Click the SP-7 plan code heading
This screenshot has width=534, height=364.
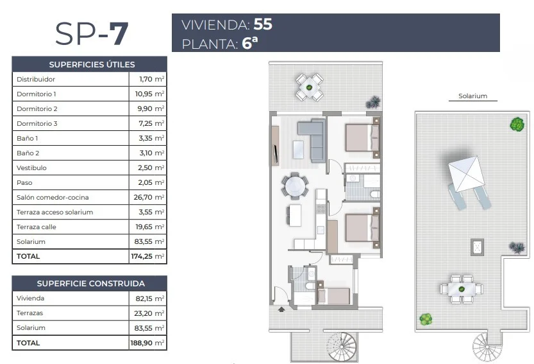[91, 33]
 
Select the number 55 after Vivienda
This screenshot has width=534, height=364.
[263, 24]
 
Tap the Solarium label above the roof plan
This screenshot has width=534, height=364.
[472, 96]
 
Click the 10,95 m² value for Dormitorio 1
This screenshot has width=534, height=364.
[149, 94]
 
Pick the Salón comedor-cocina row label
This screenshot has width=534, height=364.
[53, 197]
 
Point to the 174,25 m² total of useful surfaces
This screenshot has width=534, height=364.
[148, 256]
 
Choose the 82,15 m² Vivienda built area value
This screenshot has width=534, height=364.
[150, 299]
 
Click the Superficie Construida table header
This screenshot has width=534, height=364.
[90, 284]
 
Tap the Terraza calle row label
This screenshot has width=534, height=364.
[36, 227]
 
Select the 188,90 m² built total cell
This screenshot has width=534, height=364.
[147, 343]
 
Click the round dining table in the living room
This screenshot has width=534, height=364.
[295, 186]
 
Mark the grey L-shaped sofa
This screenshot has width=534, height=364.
[312, 140]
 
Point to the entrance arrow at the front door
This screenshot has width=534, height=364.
[281, 309]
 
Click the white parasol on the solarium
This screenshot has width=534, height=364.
[466, 174]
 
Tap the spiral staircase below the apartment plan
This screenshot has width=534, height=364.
[342, 346]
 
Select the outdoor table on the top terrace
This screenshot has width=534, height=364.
[309, 87]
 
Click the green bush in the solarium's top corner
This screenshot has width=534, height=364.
[517, 124]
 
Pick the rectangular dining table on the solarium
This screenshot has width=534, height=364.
[462, 290]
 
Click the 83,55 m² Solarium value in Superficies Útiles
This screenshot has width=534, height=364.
[149, 241]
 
